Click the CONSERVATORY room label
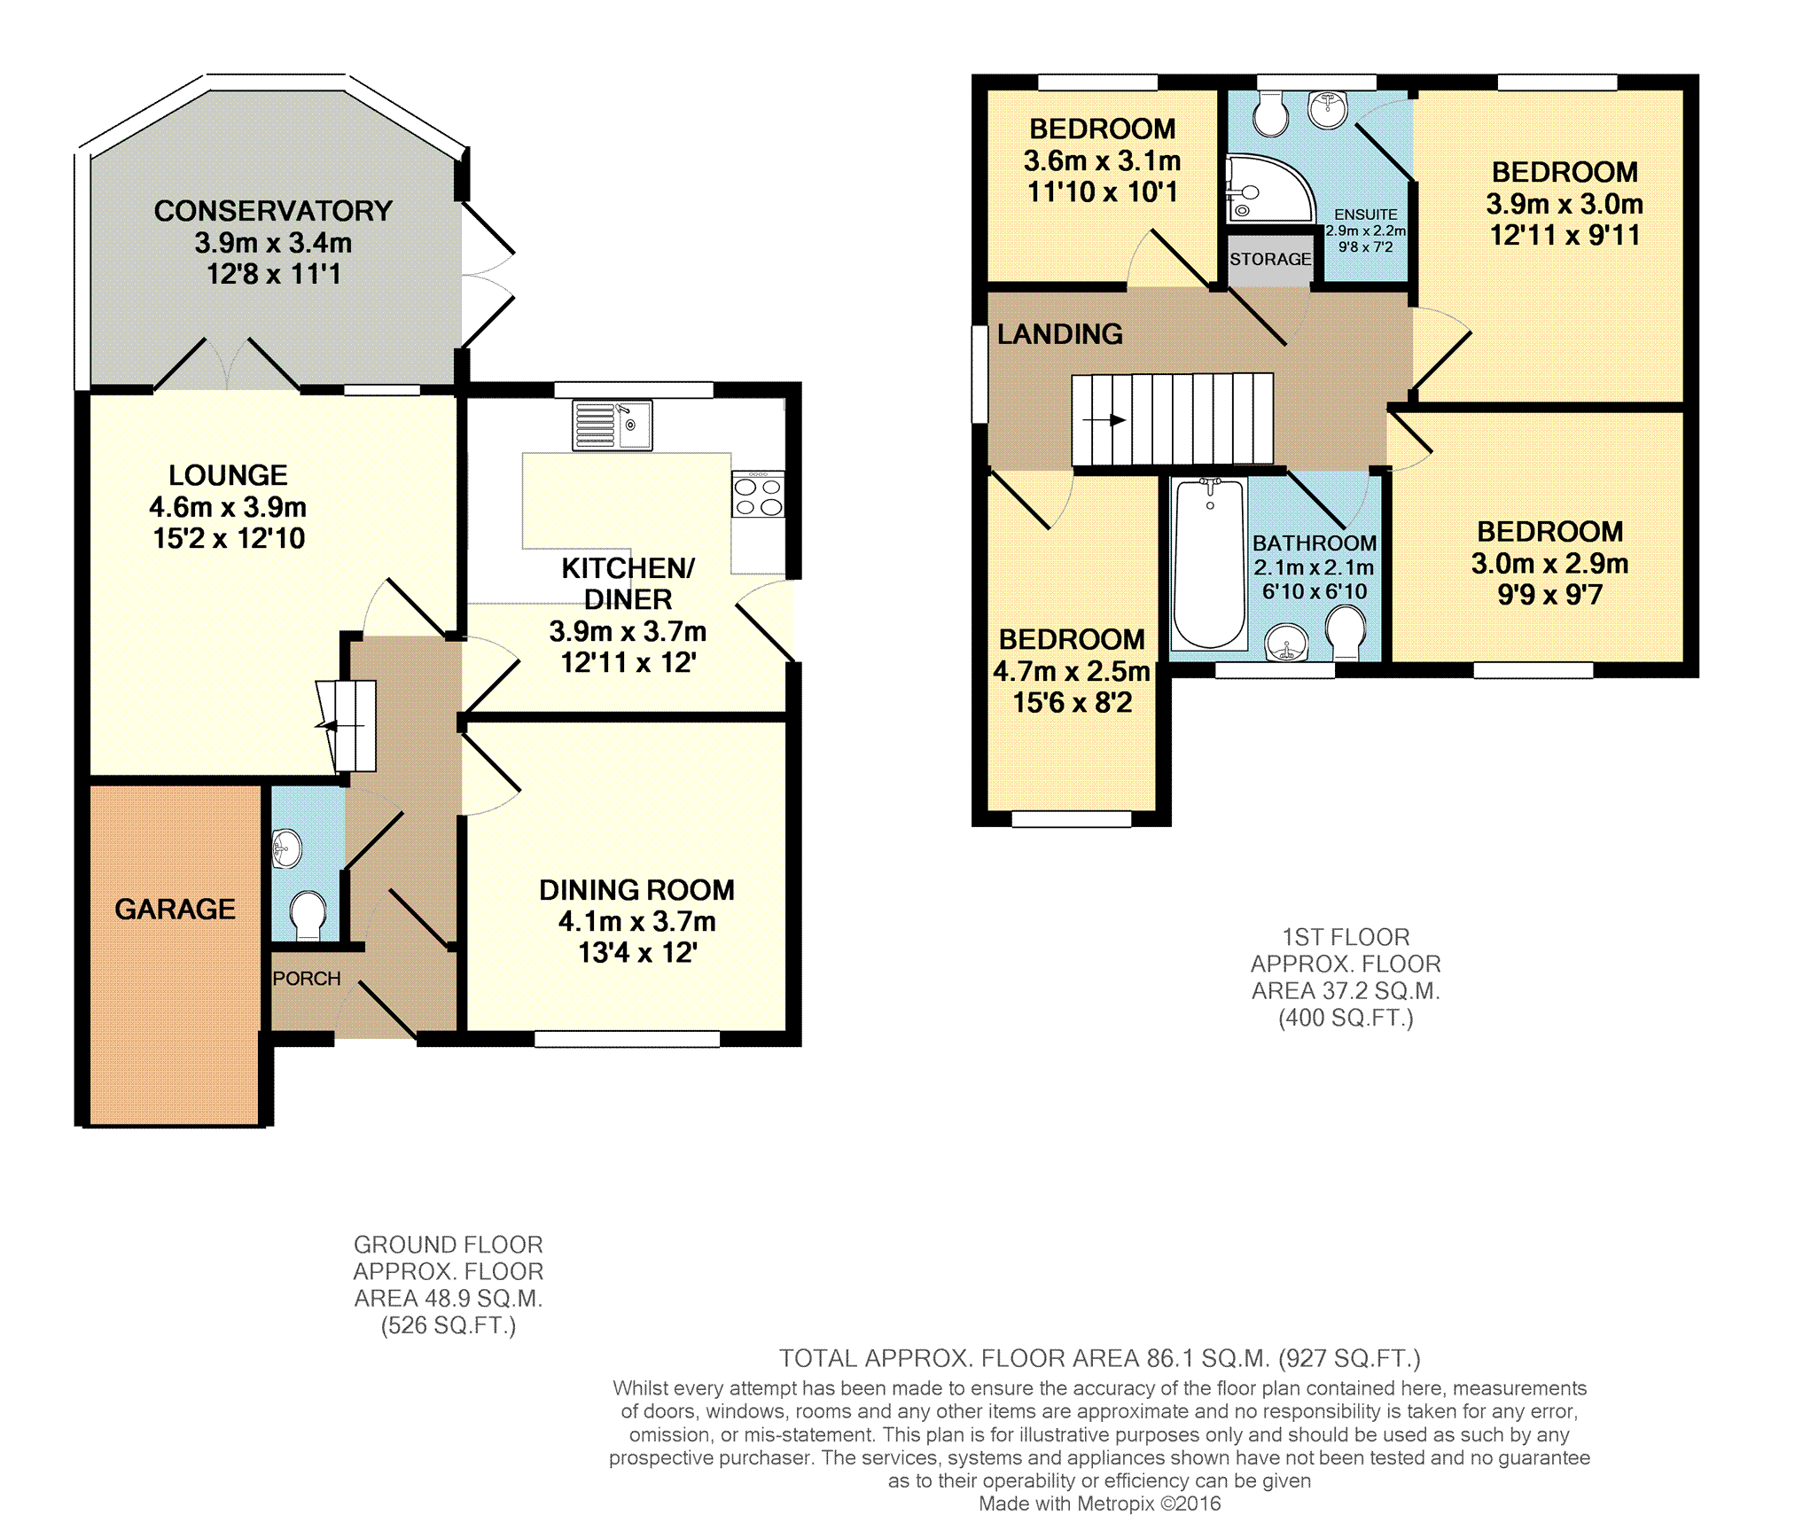(x=273, y=211)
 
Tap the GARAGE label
(x=176, y=909)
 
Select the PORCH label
(x=307, y=979)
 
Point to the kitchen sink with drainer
(x=613, y=425)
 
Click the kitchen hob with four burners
(x=758, y=494)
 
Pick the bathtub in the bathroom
(x=1209, y=564)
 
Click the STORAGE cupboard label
(x=1270, y=259)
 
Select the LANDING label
(x=1060, y=334)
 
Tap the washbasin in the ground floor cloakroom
(x=285, y=849)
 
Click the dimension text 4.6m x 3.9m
(x=228, y=507)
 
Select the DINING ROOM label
(x=637, y=890)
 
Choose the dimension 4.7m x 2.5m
(x=1072, y=671)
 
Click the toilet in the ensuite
(x=1271, y=116)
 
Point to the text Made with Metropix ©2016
(x=1100, y=1503)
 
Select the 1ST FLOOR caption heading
(x=1346, y=937)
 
